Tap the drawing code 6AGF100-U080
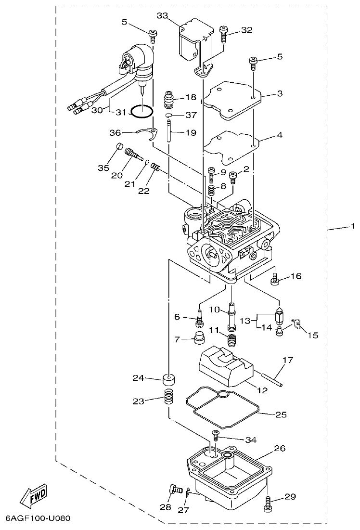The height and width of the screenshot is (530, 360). (38, 519)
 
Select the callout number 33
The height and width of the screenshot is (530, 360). (162, 16)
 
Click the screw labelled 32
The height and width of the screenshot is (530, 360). (224, 33)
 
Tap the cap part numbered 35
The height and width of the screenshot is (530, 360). (119, 147)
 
